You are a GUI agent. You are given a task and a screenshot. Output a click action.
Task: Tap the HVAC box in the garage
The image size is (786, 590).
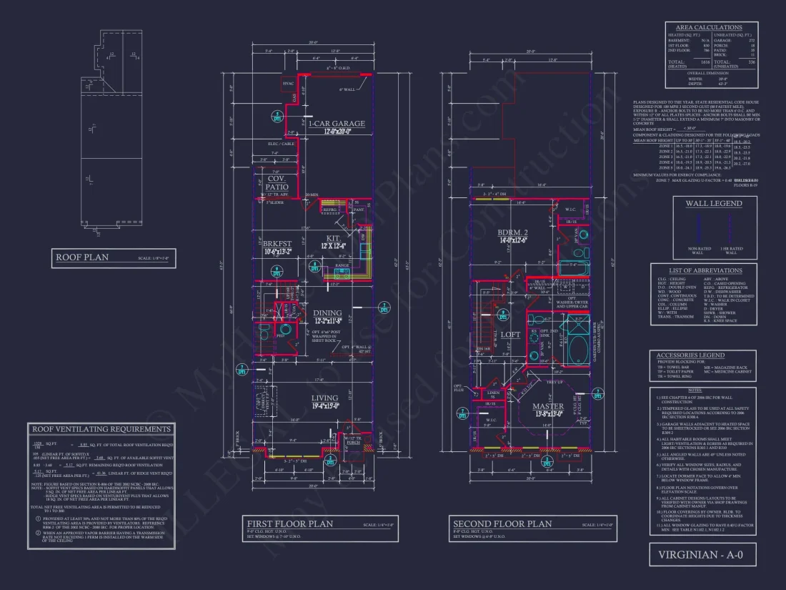[x=289, y=84]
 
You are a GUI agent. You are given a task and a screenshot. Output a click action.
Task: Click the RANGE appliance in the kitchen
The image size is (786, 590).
[x=342, y=265]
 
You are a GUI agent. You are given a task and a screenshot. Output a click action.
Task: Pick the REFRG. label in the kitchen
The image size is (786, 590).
[x=329, y=209]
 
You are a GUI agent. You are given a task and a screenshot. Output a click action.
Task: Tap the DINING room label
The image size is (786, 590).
[x=327, y=313]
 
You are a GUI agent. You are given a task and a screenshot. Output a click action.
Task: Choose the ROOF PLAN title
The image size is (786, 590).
[x=83, y=257]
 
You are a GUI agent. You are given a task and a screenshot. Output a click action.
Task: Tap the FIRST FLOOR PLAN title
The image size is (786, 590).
[x=289, y=523]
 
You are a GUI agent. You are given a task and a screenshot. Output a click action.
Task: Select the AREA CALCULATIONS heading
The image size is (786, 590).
[x=709, y=27]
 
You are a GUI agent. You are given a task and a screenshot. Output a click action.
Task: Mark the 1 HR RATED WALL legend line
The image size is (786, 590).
[x=730, y=229]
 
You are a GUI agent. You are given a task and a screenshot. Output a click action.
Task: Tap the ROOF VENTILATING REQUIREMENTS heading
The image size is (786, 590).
[x=101, y=429]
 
